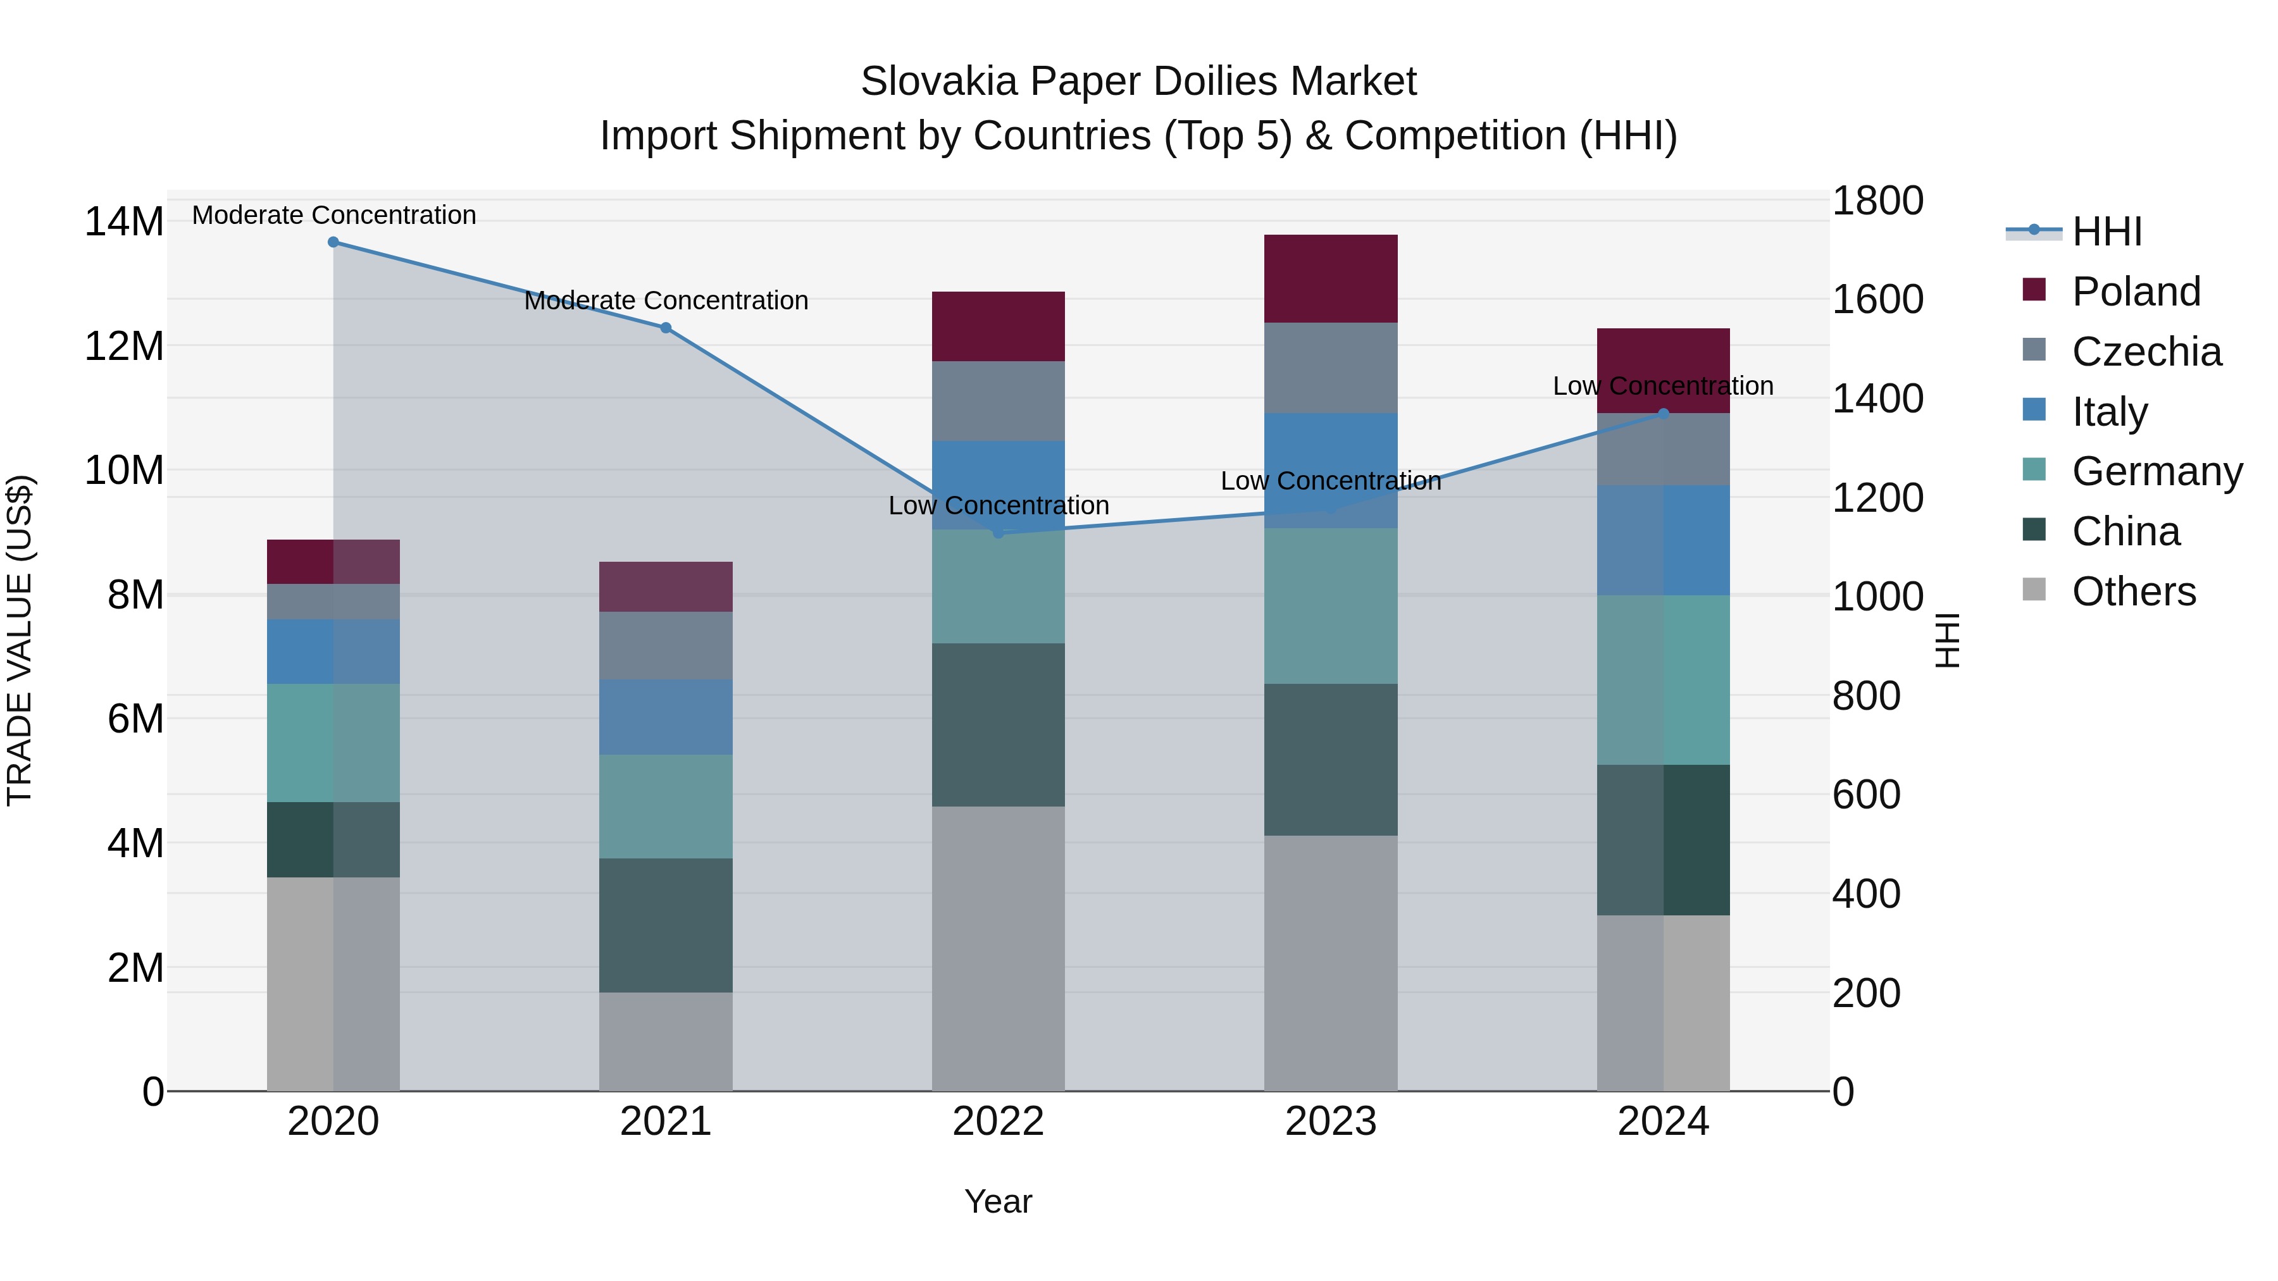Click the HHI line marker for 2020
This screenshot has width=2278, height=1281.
[333, 242]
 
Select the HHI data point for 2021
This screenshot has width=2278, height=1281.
[666, 328]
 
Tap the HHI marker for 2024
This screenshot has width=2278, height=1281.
[1664, 414]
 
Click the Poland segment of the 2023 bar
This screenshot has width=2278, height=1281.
[1331, 278]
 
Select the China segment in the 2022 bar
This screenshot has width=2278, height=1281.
[999, 725]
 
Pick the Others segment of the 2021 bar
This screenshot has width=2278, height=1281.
[666, 1041]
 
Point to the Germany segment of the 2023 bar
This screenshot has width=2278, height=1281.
[1331, 607]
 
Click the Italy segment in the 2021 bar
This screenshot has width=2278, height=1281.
[666, 717]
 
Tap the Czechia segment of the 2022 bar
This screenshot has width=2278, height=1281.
[999, 401]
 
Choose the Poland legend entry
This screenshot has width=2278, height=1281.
[2136, 292]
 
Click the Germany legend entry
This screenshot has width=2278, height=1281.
[2157, 471]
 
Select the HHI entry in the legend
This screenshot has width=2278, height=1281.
[2107, 232]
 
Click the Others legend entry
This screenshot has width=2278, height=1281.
[2133, 591]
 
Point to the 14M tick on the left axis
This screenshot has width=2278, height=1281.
[124, 221]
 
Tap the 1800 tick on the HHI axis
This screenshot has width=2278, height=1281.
[1877, 201]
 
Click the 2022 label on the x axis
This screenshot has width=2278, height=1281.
[999, 1122]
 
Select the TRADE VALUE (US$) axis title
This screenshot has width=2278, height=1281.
[20, 640]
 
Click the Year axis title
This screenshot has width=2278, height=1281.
[999, 1201]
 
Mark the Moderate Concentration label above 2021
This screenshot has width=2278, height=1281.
[666, 300]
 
